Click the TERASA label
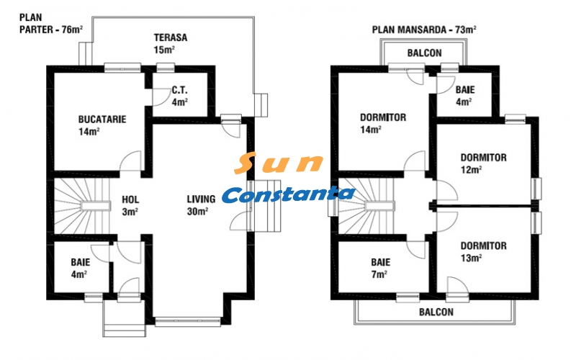pos(171,37)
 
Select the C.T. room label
pos(180,91)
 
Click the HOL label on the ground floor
pos(130,199)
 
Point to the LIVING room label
pos(201,199)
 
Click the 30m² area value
pos(198,212)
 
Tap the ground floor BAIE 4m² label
pos(80,268)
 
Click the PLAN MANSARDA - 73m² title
pos(424,30)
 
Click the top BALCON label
pos(424,53)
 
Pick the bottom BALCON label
pos(436,312)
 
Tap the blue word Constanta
pos(288,194)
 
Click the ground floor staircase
pos(76,205)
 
